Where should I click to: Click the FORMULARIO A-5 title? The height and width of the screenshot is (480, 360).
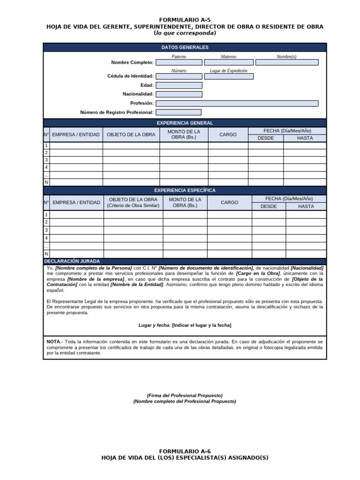185,20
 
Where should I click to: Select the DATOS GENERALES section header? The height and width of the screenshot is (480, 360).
185,47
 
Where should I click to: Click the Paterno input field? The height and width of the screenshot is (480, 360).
179,62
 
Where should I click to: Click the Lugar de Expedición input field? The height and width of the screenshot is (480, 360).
228,76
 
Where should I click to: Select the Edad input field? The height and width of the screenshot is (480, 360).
179,85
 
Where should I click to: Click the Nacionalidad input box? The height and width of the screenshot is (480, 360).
179,94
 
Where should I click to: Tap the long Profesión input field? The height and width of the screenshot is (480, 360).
237,103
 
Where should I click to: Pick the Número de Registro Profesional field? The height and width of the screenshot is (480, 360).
178,112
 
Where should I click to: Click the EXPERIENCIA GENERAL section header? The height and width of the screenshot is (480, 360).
185,123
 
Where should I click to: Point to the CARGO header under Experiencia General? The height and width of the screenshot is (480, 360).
228,135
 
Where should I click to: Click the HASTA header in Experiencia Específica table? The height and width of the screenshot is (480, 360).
306,206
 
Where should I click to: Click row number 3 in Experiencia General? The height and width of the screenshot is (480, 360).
46,160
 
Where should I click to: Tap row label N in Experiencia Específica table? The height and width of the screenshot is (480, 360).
46,254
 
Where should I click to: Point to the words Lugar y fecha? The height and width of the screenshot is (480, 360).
154,325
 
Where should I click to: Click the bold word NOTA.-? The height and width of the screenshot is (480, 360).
54,342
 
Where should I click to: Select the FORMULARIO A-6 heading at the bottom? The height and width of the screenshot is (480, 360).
185,451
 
